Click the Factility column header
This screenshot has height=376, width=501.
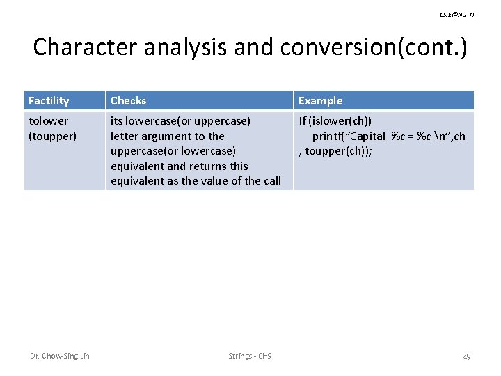point(49,101)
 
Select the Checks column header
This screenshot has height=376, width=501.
point(128,101)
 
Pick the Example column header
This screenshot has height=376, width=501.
point(320,101)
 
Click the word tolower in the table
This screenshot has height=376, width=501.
point(48,121)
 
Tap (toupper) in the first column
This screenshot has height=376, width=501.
point(52,136)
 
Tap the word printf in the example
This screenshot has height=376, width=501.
point(329,136)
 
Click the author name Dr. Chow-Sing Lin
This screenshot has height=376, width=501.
point(59,357)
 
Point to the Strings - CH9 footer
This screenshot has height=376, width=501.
point(250,357)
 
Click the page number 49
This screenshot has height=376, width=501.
point(466,357)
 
